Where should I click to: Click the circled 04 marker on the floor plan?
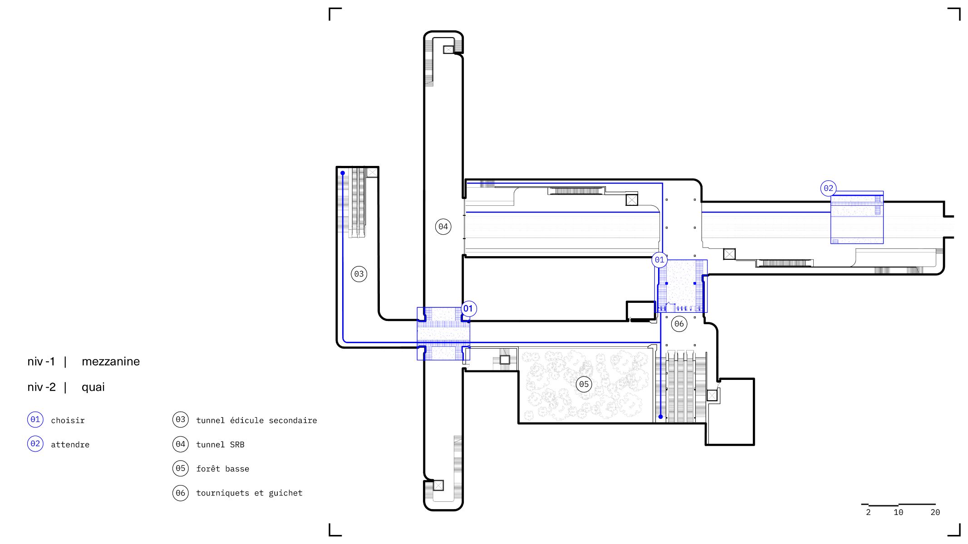[443, 226]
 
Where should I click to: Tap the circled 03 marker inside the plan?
[359, 274]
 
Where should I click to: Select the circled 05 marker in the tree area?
[584, 384]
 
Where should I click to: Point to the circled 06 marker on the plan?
[679, 324]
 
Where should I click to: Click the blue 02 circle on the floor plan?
[829, 188]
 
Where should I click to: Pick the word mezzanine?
[111, 361]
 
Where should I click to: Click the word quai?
[93, 387]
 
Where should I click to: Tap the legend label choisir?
[68, 420]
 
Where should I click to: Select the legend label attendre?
[70, 445]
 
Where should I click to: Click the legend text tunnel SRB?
[220, 445]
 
